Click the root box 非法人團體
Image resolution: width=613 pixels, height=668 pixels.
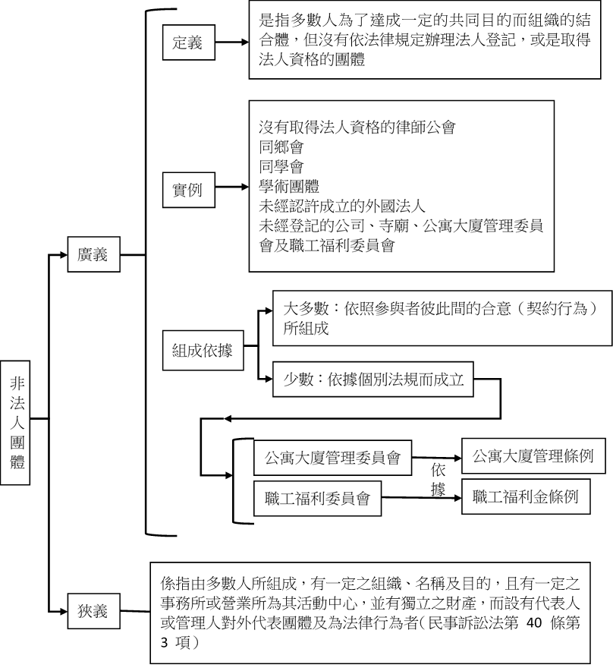[x=17, y=418]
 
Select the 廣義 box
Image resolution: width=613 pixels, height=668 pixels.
[x=93, y=255]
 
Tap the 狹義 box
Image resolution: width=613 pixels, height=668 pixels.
[x=93, y=610]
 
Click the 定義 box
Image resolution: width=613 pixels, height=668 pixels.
[x=187, y=43]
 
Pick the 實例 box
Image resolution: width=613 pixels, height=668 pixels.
[x=187, y=188]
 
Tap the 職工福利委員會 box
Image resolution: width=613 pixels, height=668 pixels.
[x=317, y=499]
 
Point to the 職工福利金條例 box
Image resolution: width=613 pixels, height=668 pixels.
[x=525, y=497]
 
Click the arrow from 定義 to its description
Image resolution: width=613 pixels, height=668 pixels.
[x=231, y=43]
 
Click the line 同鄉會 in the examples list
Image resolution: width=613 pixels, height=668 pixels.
[x=281, y=147]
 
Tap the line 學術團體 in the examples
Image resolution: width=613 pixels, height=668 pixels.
[x=288, y=187]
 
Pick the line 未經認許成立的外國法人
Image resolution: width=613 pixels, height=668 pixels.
[x=343, y=206]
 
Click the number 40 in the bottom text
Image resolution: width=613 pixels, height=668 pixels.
[x=535, y=625]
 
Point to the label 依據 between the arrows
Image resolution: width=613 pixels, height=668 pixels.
[x=438, y=480]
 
